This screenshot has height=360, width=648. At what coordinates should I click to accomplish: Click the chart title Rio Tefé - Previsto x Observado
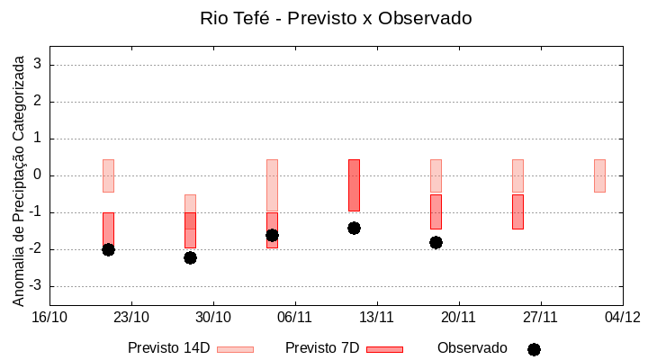pyautogui.click(x=336, y=18)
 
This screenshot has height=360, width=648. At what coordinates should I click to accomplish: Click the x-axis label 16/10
pyautogui.click(x=49, y=317)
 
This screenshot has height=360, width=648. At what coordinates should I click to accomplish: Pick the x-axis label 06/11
pyautogui.click(x=294, y=317)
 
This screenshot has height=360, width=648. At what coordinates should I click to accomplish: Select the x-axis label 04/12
pyautogui.click(x=622, y=317)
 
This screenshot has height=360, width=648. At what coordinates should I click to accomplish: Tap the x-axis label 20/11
pyautogui.click(x=458, y=317)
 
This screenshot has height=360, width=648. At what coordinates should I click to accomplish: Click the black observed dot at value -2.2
pyautogui.click(x=190, y=257)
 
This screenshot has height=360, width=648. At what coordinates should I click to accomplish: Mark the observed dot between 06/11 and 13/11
pyautogui.click(x=354, y=228)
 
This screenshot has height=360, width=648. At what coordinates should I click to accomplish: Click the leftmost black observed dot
pyautogui.click(x=108, y=249)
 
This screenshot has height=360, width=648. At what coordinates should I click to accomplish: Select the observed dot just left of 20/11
pyautogui.click(x=436, y=242)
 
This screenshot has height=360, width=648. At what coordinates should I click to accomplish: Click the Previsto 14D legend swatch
pyautogui.click(x=235, y=349)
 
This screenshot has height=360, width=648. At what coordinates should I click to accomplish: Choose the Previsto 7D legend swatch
pyautogui.click(x=384, y=349)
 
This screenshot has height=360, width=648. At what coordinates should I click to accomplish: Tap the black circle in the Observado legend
pyautogui.click(x=534, y=349)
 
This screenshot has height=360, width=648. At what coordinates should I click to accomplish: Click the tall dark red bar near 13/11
pyautogui.click(x=354, y=184)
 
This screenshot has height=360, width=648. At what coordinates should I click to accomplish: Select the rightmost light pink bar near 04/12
pyautogui.click(x=599, y=175)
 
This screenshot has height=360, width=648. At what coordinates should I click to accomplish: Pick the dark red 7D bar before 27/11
pyautogui.click(x=517, y=211)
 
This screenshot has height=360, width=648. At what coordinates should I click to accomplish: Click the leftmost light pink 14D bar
pyautogui.click(x=108, y=175)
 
